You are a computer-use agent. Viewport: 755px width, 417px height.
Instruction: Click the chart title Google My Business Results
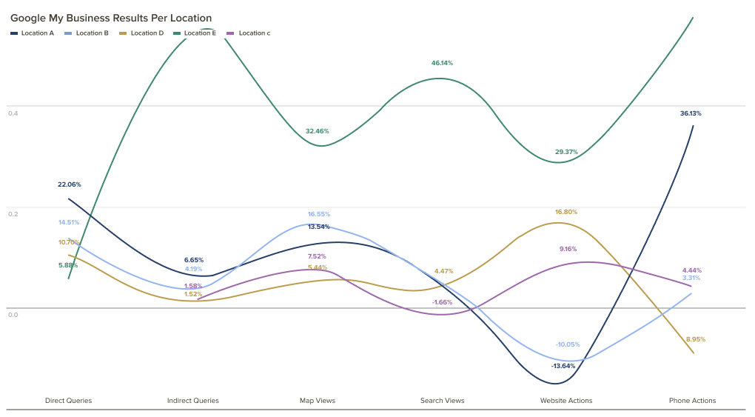tap(111, 18)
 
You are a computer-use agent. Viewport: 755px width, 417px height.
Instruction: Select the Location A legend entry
tap(33, 33)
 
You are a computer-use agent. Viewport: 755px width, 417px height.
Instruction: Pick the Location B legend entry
tap(87, 33)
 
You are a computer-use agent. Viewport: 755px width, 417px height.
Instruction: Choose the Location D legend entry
tap(142, 33)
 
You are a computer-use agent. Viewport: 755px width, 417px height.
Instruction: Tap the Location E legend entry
tap(195, 33)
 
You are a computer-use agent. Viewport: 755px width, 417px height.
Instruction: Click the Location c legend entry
tap(249, 33)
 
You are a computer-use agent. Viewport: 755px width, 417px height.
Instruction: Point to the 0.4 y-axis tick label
tap(13, 113)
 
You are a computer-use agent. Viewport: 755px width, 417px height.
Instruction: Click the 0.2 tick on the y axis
tap(13, 213)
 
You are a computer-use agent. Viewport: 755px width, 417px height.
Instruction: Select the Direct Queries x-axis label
tap(69, 401)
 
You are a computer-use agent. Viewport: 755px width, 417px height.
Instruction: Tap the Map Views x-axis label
tap(318, 401)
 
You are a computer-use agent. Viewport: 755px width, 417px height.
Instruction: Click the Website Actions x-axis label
tap(566, 401)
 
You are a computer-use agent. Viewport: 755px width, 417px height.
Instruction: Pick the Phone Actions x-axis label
tap(692, 401)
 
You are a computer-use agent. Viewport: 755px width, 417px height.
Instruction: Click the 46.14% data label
tap(442, 63)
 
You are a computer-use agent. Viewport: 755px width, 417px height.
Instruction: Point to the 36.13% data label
tap(691, 113)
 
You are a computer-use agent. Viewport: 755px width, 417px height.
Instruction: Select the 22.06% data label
tap(70, 184)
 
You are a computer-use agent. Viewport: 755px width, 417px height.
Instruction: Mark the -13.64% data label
tap(563, 366)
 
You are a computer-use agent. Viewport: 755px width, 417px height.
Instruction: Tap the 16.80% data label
tap(566, 212)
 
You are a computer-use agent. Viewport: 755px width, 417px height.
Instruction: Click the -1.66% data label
tap(442, 302)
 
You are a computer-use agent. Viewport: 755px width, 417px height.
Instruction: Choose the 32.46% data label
tap(318, 131)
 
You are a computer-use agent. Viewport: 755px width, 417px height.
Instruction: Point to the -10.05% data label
tap(568, 344)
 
